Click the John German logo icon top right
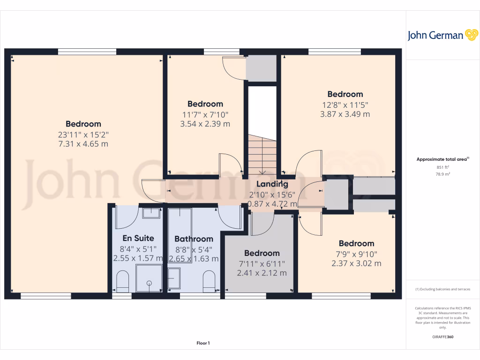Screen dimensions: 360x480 click(x=471, y=35)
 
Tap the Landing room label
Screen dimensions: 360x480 click(x=272, y=184)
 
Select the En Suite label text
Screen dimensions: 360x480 click(x=138, y=238)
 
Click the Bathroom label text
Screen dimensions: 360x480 click(x=194, y=239)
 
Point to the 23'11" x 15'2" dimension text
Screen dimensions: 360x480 click(x=83, y=134)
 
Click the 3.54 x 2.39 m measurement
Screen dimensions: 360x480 click(x=205, y=124)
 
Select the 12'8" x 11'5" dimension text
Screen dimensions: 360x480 click(x=345, y=104)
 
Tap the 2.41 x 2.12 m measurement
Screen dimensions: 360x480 click(x=262, y=273)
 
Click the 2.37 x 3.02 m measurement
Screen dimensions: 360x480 click(x=356, y=263)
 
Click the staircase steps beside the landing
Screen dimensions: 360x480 click(x=262, y=155)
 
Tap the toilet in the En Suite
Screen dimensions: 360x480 click(x=123, y=281)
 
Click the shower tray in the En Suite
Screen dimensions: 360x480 click(x=149, y=278)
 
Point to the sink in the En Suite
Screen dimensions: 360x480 click(x=151, y=213)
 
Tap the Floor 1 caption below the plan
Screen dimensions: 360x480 click(x=203, y=344)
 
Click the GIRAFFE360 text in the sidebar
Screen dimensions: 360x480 click(x=442, y=337)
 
